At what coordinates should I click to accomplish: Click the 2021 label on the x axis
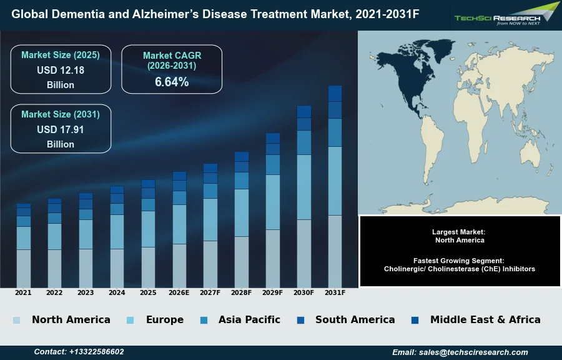23,292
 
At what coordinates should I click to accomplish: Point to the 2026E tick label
179,292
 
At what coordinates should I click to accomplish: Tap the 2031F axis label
335,292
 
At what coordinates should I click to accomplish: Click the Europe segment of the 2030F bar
304,187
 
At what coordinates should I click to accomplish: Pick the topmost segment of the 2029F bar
273,138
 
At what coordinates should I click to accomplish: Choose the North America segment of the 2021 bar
23,269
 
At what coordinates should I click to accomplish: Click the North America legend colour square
16,321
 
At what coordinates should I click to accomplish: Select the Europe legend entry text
165,320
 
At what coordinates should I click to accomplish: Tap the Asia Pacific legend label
249,320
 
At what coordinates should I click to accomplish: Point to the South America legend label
355,320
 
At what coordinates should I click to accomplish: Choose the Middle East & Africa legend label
485,320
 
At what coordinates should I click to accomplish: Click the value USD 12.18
61,70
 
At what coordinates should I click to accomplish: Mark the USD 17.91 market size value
61,129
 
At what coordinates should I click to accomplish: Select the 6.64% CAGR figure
172,82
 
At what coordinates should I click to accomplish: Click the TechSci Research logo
506,14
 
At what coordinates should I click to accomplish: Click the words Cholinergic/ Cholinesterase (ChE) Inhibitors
460,269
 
